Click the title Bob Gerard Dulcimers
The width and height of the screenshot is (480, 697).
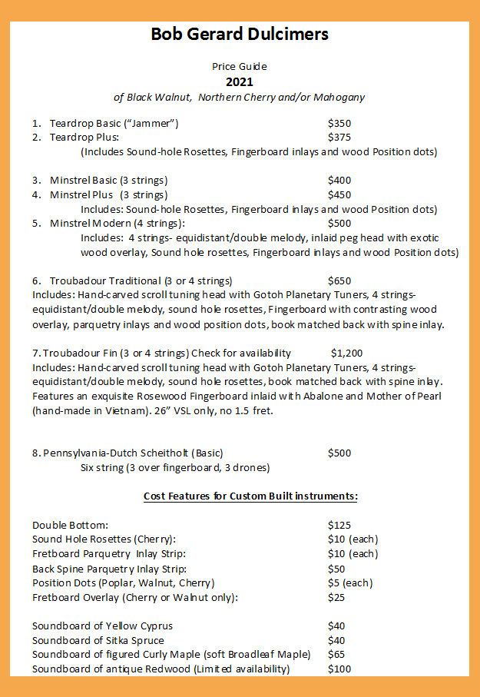click(240, 34)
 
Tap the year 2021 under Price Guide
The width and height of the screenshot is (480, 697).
click(239, 81)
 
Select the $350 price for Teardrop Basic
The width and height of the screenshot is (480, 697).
click(339, 124)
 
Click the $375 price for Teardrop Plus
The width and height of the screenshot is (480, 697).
click(339, 138)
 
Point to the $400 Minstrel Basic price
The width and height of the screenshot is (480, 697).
click(340, 181)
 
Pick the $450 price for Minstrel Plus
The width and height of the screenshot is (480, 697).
click(339, 194)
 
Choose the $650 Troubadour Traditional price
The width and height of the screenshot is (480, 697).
click(339, 281)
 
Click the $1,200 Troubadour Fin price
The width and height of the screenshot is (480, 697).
click(346, 353)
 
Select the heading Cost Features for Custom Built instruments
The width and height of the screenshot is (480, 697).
click(250, 496)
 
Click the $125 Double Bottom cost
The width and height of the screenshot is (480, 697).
click(339, 525)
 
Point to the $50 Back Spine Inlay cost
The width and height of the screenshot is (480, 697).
click(336, 569)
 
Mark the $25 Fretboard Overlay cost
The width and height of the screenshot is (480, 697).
click(336, 597)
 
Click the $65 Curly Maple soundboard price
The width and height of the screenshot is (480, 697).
click(336, 655)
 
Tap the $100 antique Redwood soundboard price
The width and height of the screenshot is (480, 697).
click(339, 669)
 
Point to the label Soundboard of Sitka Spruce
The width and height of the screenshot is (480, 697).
click(98, 640)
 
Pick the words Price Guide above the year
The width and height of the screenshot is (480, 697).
click(240, 67)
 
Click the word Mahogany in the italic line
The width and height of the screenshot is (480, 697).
click(339, 98)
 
